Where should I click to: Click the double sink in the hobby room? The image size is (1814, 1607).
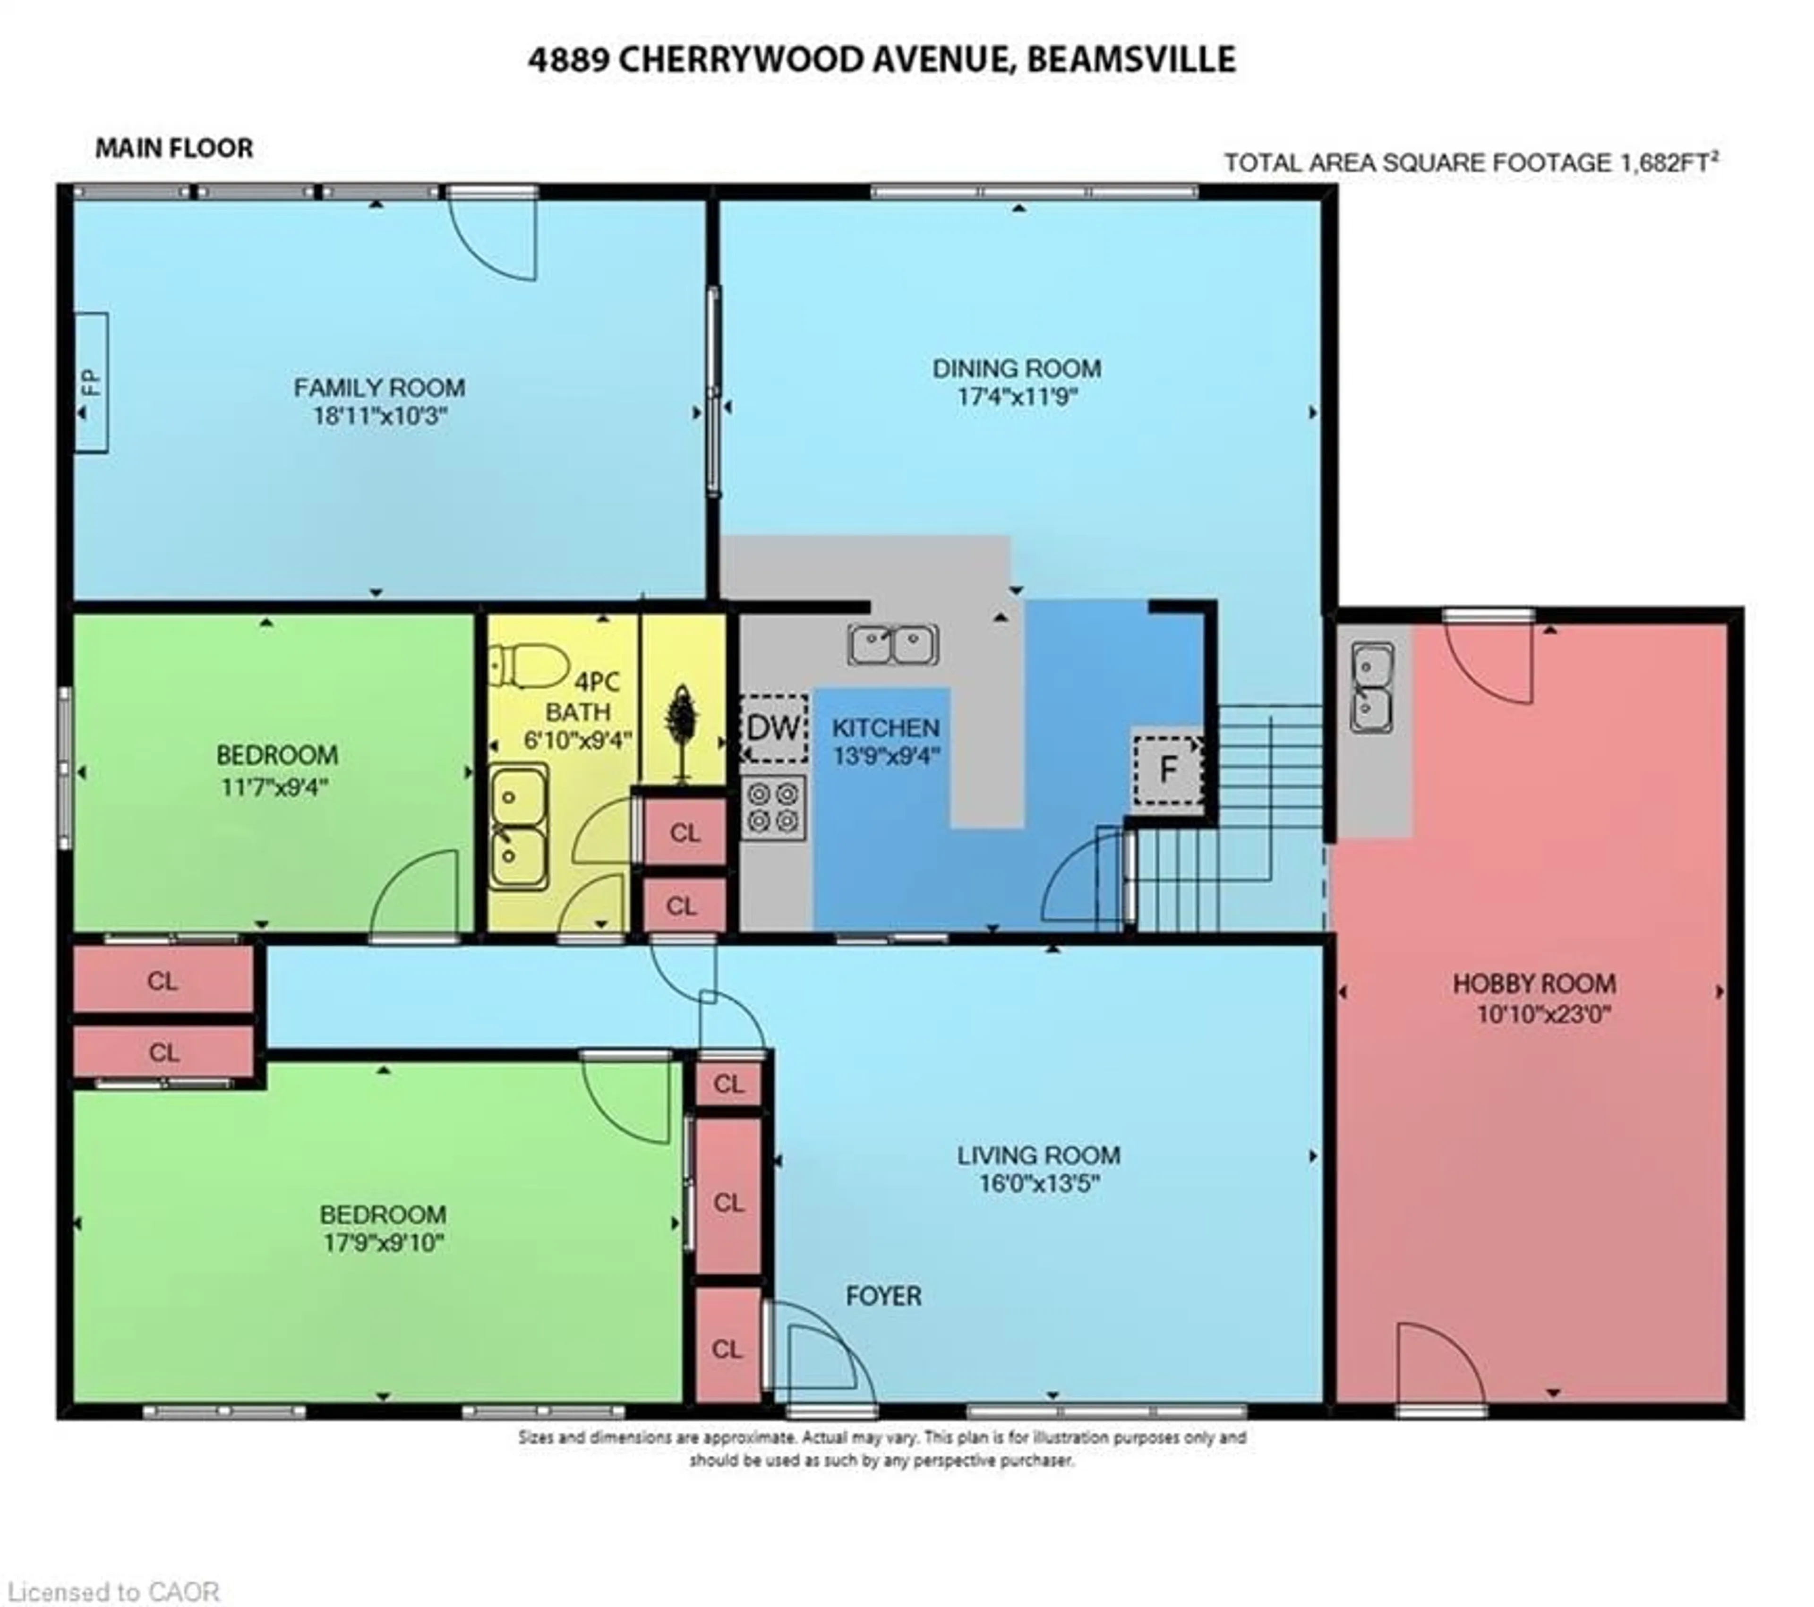[1371, 688]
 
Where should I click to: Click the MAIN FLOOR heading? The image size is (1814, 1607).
[174, 148]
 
